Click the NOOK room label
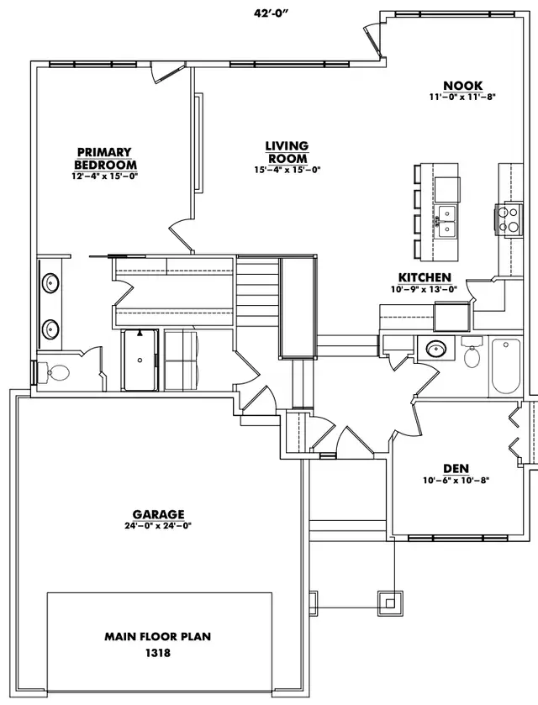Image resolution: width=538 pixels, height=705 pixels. [463, 86]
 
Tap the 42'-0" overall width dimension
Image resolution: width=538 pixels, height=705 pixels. [271, 13]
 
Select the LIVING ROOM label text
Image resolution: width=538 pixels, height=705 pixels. [287, 152]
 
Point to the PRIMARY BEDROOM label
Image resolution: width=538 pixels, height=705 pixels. [105, 158]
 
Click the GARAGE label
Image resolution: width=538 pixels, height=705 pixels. [158, 514]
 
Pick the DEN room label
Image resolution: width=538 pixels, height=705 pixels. [456, 469]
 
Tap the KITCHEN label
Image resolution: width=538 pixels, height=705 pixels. [425, 277]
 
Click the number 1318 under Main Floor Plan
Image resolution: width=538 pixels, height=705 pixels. [158, 653]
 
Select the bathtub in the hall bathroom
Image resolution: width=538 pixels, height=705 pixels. [505, 366]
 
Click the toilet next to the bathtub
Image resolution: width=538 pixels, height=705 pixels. [472, 353]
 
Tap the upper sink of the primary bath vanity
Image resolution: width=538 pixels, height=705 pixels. [50, 283]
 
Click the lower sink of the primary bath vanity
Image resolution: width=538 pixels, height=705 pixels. [50, 329]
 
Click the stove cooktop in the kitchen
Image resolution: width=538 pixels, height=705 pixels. [509, 218]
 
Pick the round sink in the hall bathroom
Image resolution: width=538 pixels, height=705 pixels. [435, 348]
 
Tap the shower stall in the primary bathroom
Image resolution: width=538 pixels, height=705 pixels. [140, 360]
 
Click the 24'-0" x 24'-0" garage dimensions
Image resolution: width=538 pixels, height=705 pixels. [158, 526]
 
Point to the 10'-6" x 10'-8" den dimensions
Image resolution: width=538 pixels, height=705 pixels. [456, 480]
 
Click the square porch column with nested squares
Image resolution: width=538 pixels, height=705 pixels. [390, 602]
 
